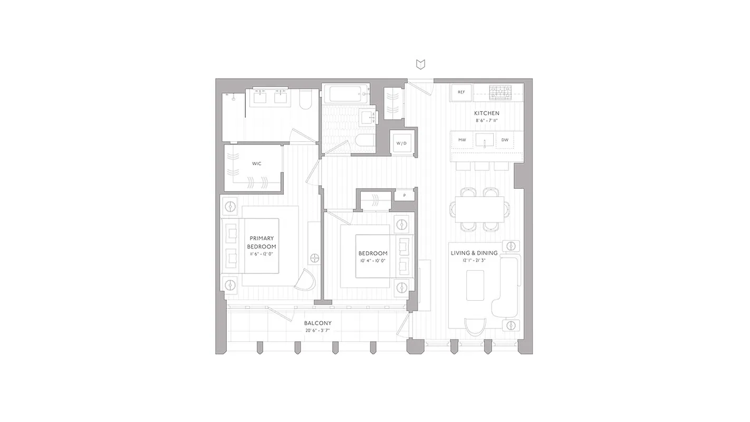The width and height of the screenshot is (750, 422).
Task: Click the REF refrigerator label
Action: coord(461,92)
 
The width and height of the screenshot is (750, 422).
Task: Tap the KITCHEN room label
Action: coord(486,113)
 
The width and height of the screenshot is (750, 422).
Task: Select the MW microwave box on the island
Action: coord(462,140)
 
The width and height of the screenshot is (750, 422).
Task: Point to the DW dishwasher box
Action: coord(505,140)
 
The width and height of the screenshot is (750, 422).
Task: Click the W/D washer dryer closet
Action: coord(402,143)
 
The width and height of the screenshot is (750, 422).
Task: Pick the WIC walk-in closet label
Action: coord(256,164)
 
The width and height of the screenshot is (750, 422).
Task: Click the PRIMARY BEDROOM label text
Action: coord(262,242)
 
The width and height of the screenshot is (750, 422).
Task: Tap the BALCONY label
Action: coord(318,323)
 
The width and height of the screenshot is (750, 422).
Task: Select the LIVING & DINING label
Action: coord(474,253)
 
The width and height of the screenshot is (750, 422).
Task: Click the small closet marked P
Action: coord(405,195)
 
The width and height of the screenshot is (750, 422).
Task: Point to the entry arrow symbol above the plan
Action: coord(420,64)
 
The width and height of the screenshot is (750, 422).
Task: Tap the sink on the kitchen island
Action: coord(484,140)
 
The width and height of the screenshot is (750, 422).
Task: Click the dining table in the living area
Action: coord(479,209)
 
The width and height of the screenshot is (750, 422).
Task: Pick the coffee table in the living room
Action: coord(475,285)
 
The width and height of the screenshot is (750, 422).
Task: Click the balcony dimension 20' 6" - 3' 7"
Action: coord(318,331)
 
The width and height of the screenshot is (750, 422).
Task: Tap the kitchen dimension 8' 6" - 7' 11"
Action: coord(486,121)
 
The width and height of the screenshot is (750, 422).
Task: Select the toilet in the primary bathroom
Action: coord(306,100)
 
